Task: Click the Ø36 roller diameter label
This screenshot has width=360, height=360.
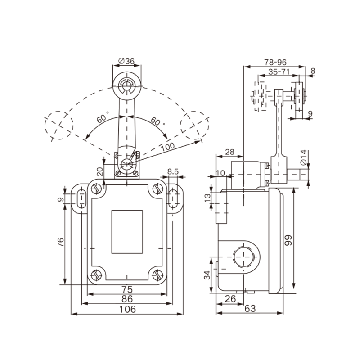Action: (126, 61)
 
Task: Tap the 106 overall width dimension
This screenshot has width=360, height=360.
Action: (127, 309)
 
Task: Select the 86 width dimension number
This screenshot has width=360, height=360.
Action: (127, 299)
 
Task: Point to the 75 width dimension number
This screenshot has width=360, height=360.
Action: (127, 289)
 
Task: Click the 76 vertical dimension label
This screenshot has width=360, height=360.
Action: (60, 243)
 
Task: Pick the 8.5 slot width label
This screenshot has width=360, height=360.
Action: (173, 171)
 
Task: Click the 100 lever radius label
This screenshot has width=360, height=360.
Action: (167, 147)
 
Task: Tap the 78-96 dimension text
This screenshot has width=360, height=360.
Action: (275, 62)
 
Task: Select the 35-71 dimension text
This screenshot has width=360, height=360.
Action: (279, 72)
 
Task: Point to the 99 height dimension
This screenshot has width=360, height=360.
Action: (288, 240)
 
